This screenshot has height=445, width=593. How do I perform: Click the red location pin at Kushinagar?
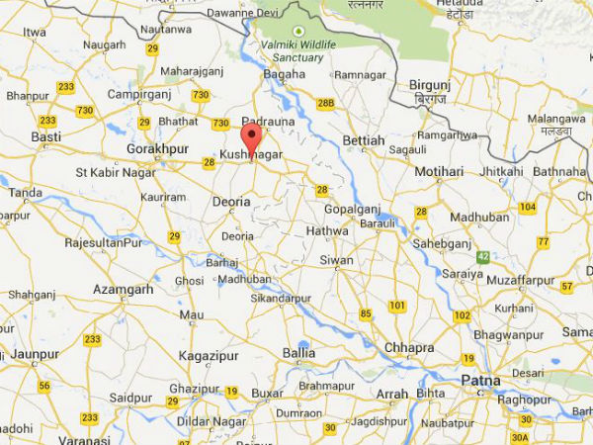[x=251, y=137]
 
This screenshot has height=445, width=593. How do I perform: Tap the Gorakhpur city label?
[x=157, y=149]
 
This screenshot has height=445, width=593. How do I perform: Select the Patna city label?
[x=481, y=381]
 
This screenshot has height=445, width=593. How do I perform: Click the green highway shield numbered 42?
[x=483, y=257]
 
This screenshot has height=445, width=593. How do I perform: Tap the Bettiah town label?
[x=363, y=141]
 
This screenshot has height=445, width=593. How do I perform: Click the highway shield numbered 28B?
[x=326, y=103]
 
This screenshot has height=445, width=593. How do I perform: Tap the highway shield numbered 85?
[x=367, y=314]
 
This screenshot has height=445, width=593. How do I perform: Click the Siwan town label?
[x=335, y=261]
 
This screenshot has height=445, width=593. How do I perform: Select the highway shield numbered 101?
[x=397, y=306]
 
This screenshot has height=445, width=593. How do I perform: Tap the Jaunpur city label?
[x=37, y=352]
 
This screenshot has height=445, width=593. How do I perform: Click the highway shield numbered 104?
[x=528, y=207]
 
